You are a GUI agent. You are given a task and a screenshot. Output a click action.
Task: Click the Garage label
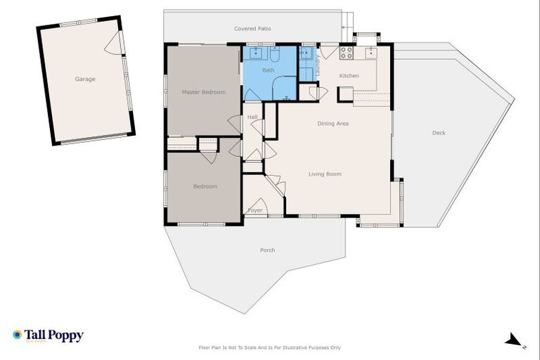(x=85, y=79)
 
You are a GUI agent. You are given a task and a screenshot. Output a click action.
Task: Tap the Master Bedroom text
(x=203, y=92)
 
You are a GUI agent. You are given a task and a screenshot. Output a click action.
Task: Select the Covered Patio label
(x=252, y=29)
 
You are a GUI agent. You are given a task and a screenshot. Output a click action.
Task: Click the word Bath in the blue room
(x=269, y=70)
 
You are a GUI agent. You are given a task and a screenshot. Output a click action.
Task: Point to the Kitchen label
(x=349, y=75)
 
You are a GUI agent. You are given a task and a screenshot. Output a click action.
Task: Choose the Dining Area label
(x=333, y=124)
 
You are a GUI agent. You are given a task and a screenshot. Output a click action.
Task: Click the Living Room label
(x=325, y=174)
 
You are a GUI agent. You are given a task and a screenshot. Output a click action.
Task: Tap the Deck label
(x=439, y=133)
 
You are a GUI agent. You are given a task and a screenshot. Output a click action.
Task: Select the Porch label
(x=267, y=250)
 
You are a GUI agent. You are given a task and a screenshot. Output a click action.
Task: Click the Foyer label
(x=255, y=210)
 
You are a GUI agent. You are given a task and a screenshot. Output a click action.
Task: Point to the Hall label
(x=252, y=117)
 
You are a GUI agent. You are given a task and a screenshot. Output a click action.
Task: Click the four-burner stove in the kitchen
(x=347, y=52)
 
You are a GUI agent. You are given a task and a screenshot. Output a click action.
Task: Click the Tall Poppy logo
(x=48, y=335)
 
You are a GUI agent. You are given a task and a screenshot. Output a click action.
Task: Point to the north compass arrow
(x=513, y=340)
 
